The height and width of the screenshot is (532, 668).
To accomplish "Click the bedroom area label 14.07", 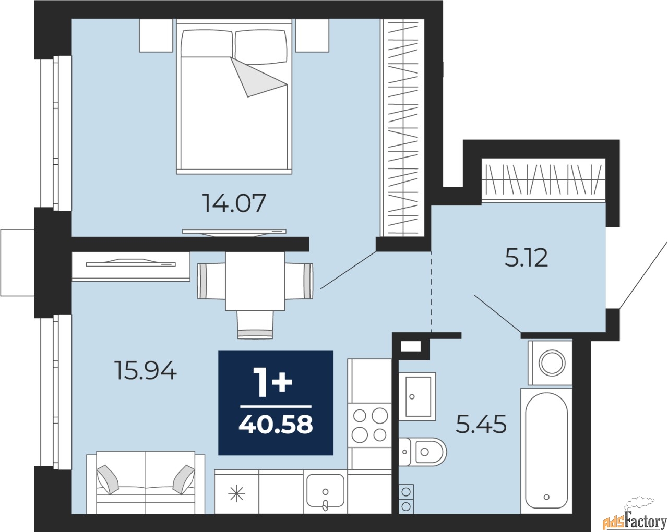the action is (x=234, y=203).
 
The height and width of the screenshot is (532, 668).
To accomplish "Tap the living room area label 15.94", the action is (x=145, y=371).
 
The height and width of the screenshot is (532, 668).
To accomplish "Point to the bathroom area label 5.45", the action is (x=481, y=425).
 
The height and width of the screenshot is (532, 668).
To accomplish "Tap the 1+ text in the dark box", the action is (x=272, y=382).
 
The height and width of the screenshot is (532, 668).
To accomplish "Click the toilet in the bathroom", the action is (x=423, y=452).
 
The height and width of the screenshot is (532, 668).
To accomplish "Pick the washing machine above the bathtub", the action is (x=550, y=363).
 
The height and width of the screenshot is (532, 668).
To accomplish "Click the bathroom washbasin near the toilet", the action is (x=417, y=396).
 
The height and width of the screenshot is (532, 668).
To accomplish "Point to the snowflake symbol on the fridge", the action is (x=236, y=493).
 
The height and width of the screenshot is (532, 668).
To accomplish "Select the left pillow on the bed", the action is (x=207, y=43).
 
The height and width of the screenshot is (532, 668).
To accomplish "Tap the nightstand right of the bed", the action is (x=312, y=35).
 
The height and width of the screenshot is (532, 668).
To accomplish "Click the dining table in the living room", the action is (x=255, y=281).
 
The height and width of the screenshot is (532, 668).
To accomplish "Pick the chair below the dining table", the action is (x=255, y=324).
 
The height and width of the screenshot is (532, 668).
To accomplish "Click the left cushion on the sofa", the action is (x=108, y=479).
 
